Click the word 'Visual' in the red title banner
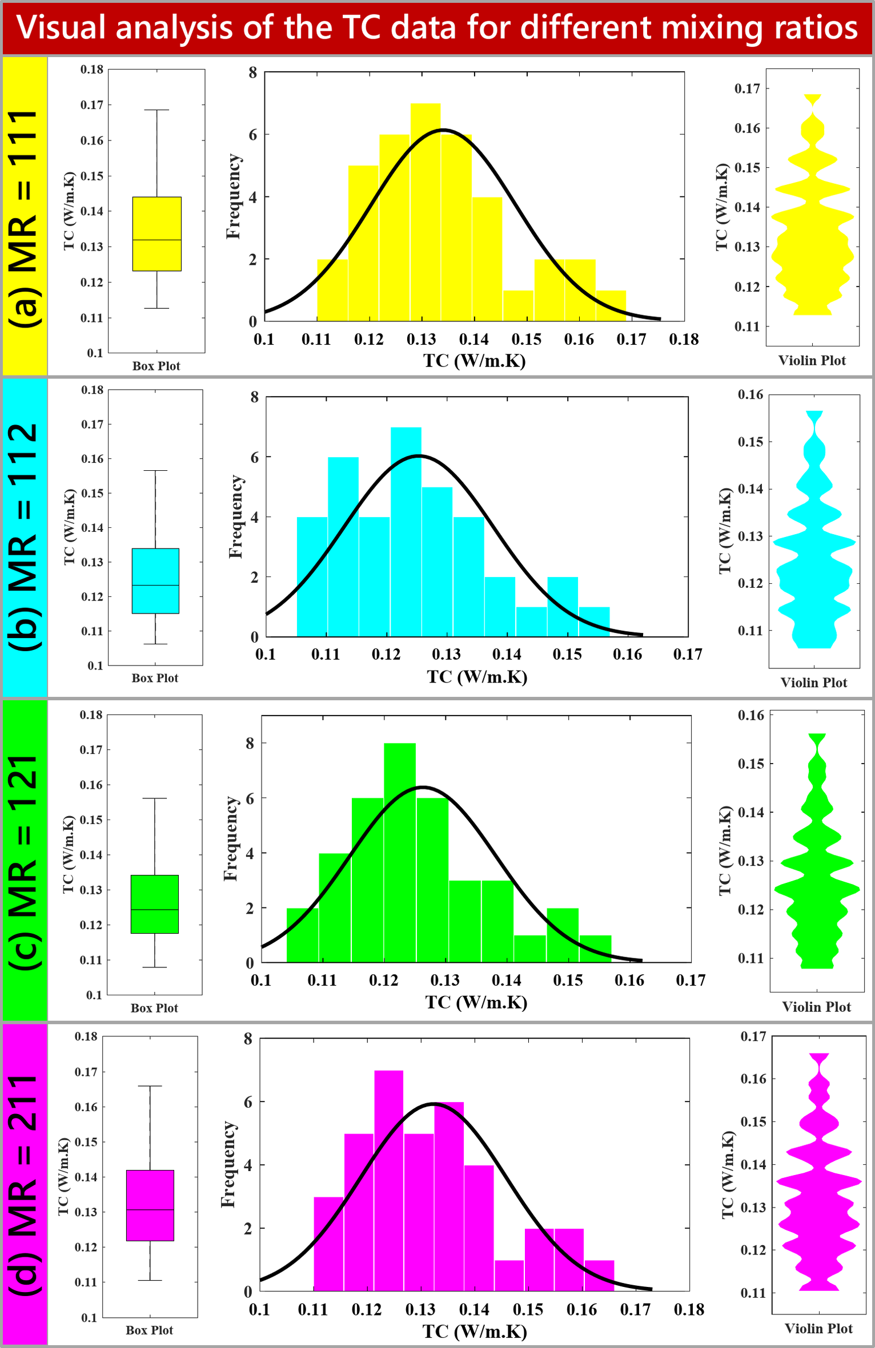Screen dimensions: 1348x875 click(61, 27)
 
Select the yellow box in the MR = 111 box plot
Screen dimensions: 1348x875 click(156, 233)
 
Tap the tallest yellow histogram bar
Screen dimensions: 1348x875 click(426, 211)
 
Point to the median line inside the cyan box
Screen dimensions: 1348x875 click(155, 585)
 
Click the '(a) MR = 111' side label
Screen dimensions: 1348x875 click(25, 217)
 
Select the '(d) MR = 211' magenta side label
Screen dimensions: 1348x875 click(25, 1184)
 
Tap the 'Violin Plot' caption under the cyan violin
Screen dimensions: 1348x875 click(813, 683)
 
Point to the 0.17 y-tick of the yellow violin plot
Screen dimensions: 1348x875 click(747, 88)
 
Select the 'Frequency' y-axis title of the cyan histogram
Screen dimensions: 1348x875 click(236, 516)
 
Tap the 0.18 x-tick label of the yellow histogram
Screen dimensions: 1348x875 click(684, 340)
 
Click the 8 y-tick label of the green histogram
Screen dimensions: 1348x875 click(250, 743)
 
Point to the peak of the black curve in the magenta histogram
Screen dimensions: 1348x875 click(434, 1104)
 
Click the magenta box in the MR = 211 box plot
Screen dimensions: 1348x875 click(150, 1205)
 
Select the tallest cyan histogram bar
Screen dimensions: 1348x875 click(406, 531)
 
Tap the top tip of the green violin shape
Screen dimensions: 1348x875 click(817, 735)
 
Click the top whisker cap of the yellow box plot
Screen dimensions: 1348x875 click(156, 110)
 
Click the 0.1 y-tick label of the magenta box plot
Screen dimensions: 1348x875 click(89, 1318)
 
